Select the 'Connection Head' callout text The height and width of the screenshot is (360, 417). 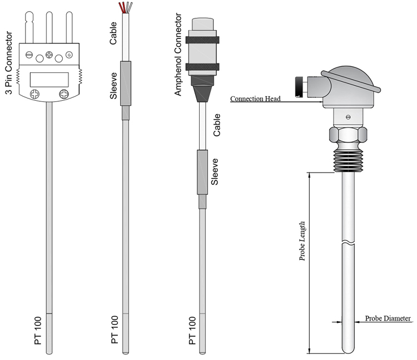[x=255, y=99]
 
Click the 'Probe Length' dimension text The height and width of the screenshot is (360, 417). [x=303, y=240]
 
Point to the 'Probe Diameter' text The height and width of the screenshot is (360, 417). [x=388, y=319]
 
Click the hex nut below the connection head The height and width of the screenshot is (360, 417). [x=348, y=135]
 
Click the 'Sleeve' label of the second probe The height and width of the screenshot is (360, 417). [x=113, y=86]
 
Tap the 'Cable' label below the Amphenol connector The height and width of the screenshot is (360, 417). [x=217, y=126]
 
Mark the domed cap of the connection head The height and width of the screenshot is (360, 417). [x=350, y=78]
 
